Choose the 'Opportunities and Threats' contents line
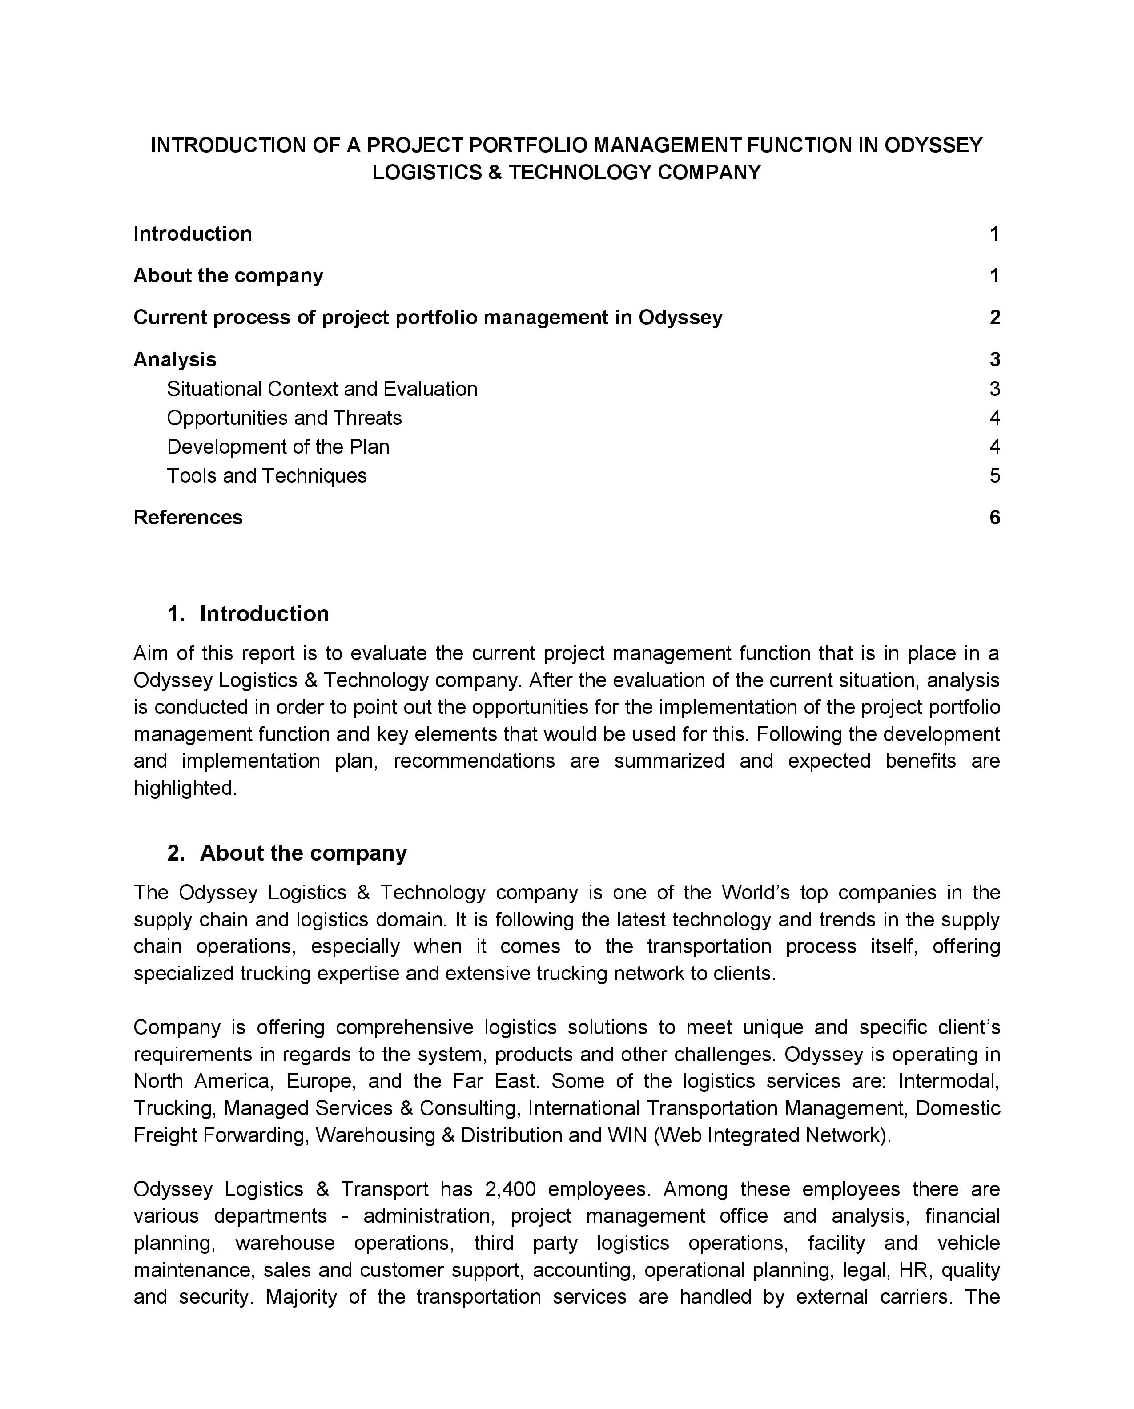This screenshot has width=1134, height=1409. [284, 418]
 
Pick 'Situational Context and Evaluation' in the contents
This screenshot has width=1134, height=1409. [322, 389]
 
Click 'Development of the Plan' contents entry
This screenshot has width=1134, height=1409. [278, 447]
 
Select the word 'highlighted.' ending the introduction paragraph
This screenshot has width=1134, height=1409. [185, 788]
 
